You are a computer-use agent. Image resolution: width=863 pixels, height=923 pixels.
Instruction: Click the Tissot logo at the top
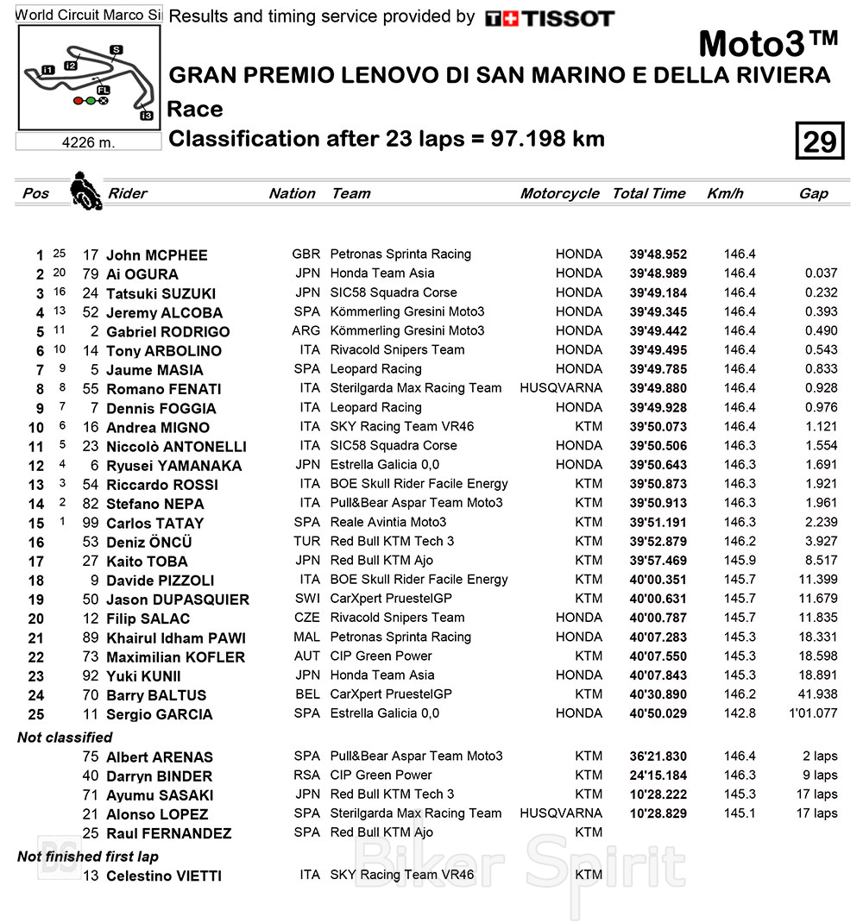549,18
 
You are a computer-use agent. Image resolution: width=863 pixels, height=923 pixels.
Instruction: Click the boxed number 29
819,141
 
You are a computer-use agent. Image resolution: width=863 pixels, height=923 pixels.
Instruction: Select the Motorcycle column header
559,194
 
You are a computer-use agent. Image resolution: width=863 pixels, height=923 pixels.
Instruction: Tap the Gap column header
813,194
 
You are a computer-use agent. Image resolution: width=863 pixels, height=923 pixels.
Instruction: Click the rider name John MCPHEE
156,255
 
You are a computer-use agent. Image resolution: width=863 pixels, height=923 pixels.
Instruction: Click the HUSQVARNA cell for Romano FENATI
561,388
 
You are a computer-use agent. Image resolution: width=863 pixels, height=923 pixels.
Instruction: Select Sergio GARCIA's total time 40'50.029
658,713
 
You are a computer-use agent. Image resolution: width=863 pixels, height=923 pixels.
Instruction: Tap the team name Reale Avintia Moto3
388,522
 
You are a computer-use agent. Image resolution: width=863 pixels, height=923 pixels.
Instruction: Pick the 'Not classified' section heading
65,738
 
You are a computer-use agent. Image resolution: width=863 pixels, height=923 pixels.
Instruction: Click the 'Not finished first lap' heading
88,857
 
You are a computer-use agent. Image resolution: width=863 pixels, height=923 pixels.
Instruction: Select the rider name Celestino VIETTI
164,876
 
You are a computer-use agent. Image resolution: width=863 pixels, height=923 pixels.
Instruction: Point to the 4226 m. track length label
88,142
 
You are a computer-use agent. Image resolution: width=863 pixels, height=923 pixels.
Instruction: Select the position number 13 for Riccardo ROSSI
35,485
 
